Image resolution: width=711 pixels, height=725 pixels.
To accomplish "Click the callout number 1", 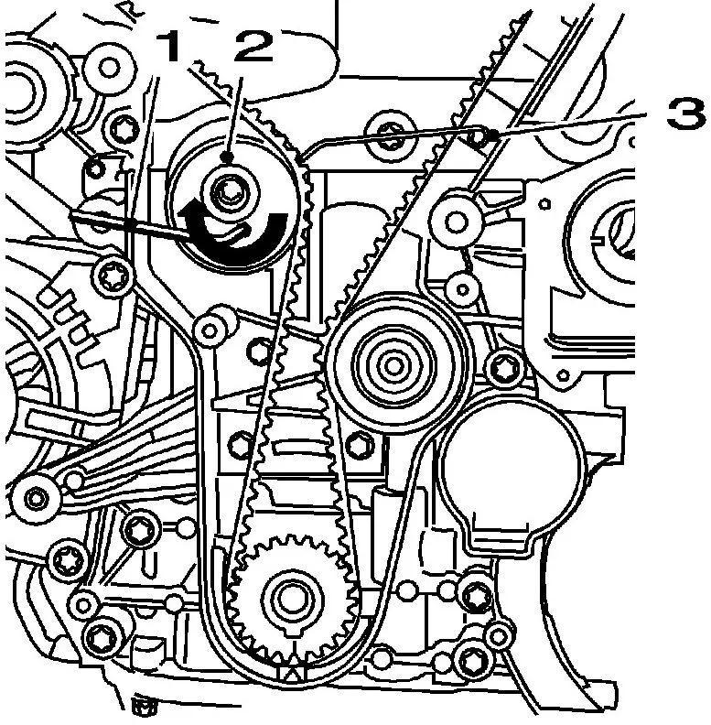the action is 167,47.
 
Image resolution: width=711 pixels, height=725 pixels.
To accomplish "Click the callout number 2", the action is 253,47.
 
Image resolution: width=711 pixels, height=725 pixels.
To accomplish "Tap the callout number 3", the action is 686,114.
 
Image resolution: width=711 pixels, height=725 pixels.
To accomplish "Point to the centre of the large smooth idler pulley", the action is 393,366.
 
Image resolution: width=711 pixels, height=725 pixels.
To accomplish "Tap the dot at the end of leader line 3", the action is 494,135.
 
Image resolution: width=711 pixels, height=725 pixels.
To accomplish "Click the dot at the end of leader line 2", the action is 227,157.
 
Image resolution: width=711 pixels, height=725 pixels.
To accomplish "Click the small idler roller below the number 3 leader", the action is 457,222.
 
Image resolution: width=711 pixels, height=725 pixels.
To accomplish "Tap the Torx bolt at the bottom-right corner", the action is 472,662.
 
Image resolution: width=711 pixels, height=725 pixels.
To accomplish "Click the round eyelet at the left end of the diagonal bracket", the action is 35,498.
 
